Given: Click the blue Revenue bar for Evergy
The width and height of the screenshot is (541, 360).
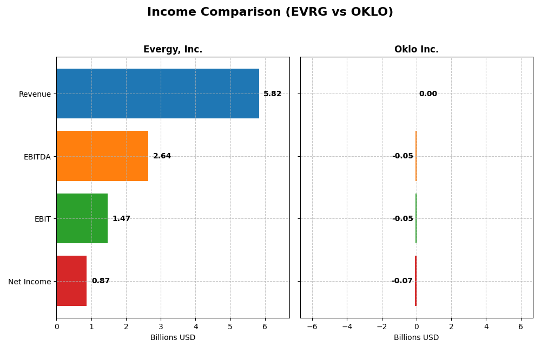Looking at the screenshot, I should pyautogui.click(x=157, y=94).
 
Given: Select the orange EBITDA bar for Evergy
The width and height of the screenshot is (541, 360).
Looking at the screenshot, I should pyautogui.click(x=102, y=156).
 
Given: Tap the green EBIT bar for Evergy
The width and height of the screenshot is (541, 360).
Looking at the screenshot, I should pyautogui.click(x=82, y=218).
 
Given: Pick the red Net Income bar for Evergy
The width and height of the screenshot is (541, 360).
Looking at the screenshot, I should pyautogui.click(x=71, y=281).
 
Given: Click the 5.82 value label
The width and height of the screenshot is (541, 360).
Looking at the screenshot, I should pyautogui.click(x=272, y=94).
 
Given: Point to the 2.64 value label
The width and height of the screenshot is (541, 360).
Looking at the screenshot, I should pyautogui.click(x=162, y=156).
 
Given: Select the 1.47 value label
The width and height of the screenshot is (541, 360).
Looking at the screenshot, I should pyautogui.click(x=121, y=219).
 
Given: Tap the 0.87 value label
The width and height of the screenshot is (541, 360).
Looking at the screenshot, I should pyautogui.click(x=101, y=281).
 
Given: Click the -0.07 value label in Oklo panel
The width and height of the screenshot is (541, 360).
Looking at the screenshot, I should pyautogui.click(x=402, y=281).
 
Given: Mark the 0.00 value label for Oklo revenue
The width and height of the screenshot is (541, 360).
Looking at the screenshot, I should pyautogui.click(x=428, y=94).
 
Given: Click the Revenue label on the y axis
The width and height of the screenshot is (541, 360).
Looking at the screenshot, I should pyautogui.click(x=35, y=94).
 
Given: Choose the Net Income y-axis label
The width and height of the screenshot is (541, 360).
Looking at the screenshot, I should pyautogui.click(x=30, y=282).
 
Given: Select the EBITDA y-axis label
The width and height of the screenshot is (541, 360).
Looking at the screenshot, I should pyautogui.click(x=37, y=157).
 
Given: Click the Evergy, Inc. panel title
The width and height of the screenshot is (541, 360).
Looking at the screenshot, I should pyautogui.click(x=173, y=50).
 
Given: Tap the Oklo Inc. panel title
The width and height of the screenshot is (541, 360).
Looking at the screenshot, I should pyautogui.click(x=416, y=50).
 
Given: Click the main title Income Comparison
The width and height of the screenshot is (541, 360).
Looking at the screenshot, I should pyautogui.click(x=270, y=12).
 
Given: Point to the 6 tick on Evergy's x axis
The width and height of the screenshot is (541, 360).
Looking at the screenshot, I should pyautogui.click(x=265, y=326).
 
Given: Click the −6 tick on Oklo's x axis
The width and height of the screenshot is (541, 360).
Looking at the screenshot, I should pyautogui.click(x=312, y=326).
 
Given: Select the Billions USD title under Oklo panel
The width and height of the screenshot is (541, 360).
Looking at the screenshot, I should pyautogui.click(x=416, y=338).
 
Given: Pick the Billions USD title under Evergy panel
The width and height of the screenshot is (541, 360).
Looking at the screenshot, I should pyautogui.click(x=173, y=338).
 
